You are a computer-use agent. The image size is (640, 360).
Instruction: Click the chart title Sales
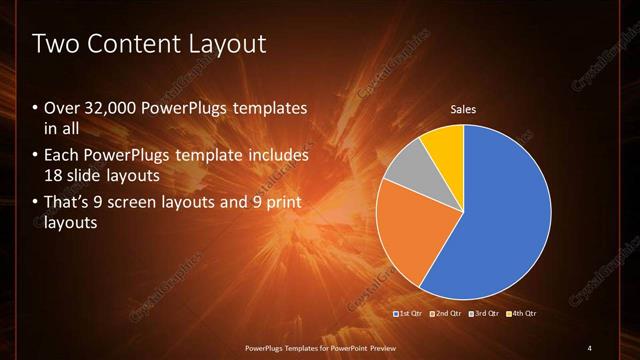[463, 108]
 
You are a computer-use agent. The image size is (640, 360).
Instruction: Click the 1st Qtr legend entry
[407, 314]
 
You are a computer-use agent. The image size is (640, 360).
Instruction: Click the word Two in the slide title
[56, 44]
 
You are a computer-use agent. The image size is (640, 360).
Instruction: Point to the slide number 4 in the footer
[589, 347]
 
